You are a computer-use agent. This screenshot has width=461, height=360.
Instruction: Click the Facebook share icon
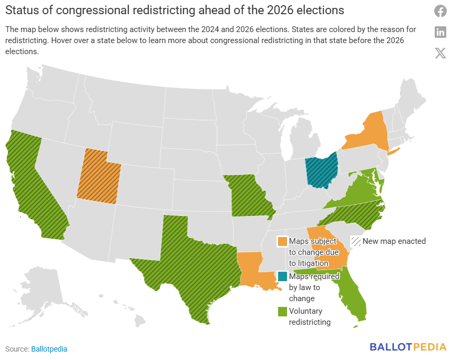[x=440, y=11]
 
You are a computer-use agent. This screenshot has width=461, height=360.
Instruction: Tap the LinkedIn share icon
[x=440, y=32]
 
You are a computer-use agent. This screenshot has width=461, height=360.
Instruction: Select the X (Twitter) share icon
[x=440, y=53]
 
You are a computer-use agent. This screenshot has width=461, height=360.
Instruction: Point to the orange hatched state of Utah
[x=98, y=176]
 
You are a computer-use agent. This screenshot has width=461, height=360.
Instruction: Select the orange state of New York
[x=368, y=134]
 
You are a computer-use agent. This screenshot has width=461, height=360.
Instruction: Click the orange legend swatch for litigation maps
[x=283, y=241]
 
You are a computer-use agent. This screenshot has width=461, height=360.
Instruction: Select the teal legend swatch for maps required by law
[x=283, y=276]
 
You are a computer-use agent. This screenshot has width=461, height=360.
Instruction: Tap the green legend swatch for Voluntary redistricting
[x=283, y=311]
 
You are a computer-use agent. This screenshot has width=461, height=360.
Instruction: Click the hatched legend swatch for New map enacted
[x=356, y=241]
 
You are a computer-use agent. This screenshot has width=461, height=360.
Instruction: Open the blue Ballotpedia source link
[x=49, y=349]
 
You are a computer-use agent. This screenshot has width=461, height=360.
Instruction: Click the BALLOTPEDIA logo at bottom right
[x=408, y=347]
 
